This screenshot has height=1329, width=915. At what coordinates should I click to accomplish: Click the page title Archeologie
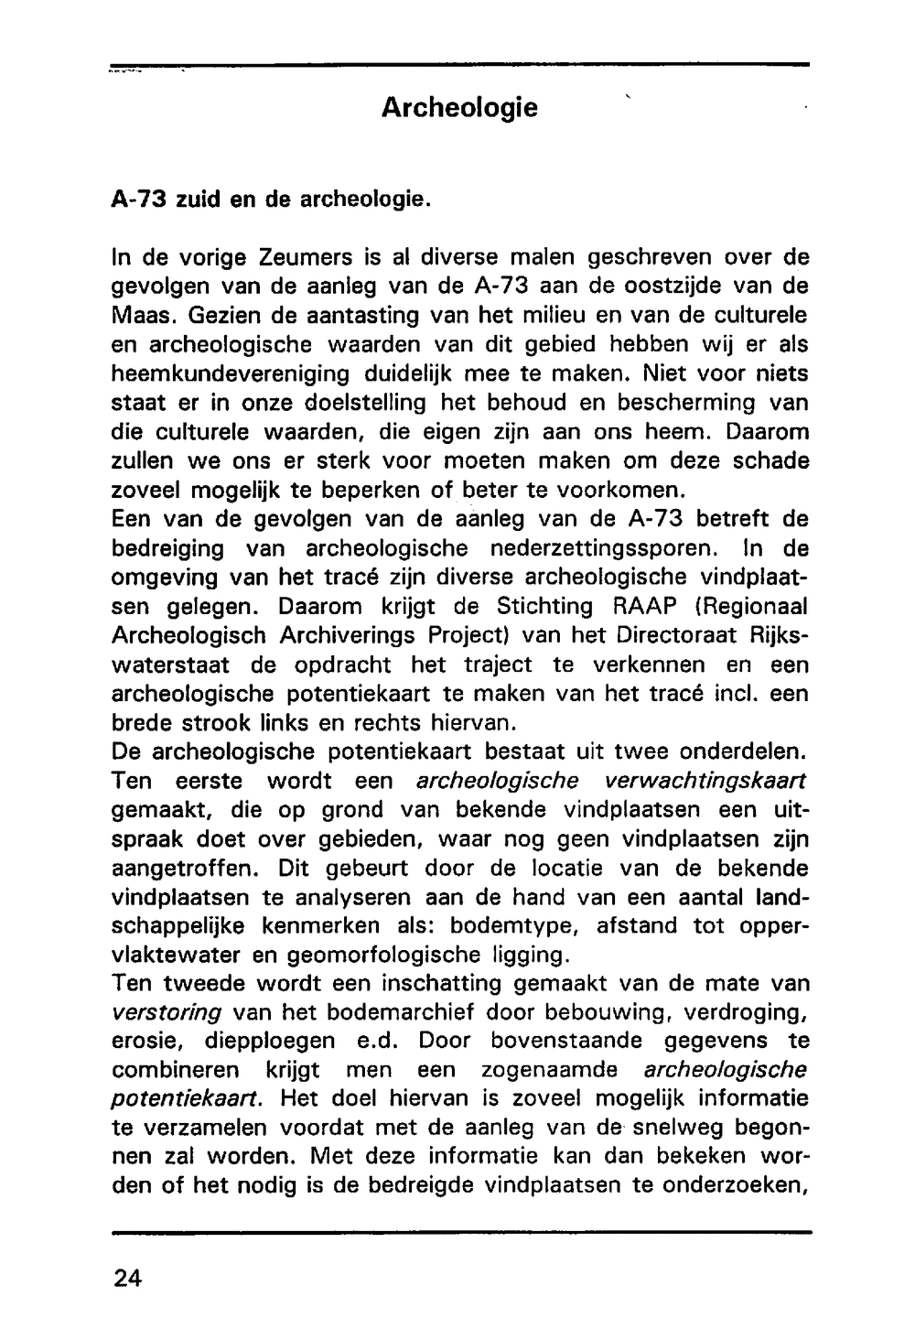[x=458, y=108]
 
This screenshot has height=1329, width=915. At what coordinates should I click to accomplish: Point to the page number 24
[x=129, y=1279]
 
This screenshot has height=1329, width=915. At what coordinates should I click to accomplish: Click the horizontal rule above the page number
[x=457, y=1233]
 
